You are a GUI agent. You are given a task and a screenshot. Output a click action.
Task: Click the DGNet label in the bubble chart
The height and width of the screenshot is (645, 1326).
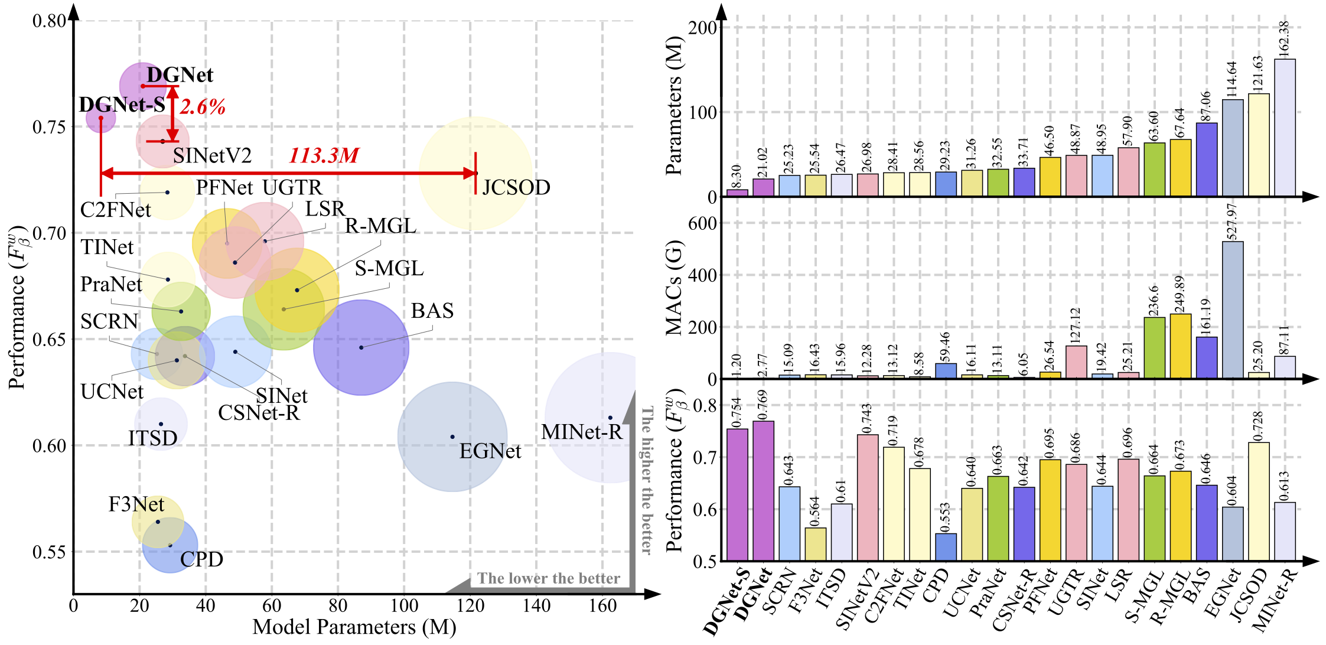[180, 75]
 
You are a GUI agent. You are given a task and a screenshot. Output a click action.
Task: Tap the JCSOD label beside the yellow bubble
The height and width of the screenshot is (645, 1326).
[516, 188]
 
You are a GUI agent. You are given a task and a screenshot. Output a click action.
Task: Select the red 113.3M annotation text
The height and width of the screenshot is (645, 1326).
[324, 156]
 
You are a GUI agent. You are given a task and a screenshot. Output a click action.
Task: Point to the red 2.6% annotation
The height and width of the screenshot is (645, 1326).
[203, 107]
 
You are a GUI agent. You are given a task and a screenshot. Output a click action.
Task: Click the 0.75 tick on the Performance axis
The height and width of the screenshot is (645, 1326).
[49, 127]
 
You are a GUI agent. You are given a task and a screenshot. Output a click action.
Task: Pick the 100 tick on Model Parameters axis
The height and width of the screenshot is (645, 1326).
[404, 605]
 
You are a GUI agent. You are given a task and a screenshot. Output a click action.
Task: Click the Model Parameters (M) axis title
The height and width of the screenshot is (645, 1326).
[354, 627]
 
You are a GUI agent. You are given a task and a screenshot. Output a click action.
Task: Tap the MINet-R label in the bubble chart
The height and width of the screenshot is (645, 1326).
[581, 432]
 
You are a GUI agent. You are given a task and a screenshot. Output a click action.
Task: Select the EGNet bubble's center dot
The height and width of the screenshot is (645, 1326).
[452, 437]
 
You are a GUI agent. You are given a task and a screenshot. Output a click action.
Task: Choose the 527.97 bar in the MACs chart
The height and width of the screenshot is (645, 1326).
[1233, 310]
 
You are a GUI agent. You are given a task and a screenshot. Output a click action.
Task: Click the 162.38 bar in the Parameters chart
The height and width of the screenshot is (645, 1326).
[1285, 128]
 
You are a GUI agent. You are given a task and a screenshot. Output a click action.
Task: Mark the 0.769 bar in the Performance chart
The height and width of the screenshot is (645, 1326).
[763, 491]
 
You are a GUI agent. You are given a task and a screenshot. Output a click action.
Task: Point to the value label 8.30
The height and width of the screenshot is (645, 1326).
[737, 176]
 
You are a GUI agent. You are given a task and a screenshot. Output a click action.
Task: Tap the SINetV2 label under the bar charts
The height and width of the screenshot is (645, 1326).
[858, 597]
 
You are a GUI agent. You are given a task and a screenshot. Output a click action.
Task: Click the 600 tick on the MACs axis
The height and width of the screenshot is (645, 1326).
[703, 223]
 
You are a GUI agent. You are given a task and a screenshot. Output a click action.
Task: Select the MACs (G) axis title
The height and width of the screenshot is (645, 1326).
[674, 288]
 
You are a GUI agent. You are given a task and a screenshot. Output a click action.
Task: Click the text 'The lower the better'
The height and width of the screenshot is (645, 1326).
[548, 578]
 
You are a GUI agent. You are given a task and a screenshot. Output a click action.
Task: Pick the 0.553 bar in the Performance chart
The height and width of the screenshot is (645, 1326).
[946, 547]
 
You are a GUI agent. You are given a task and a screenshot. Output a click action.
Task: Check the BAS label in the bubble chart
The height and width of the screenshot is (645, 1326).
[432, 311]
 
